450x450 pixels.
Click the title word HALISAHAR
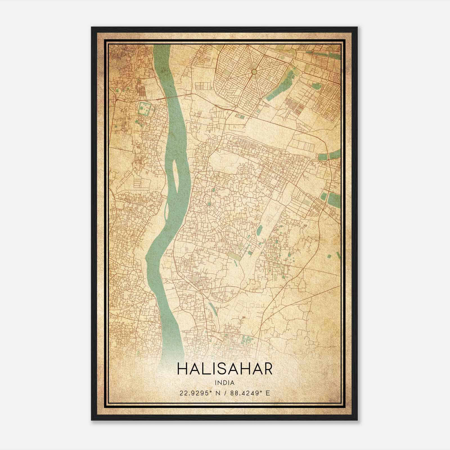tap(225, 369)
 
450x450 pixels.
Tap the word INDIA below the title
tap(225, 383)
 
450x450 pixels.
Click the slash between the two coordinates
tap(225, 393)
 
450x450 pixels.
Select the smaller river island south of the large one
tap(167, 210)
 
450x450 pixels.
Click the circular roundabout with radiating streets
tap(254, 72)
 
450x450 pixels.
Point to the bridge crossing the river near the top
tap(174, 96)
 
